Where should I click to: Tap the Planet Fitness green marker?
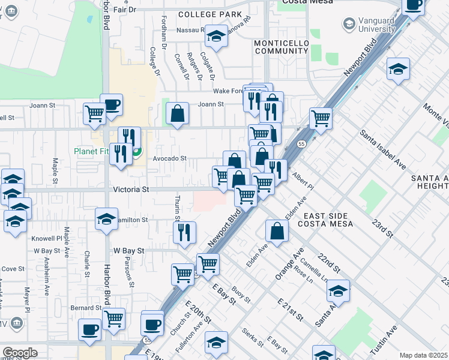[x=137, y=152]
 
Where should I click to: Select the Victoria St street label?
[x=131, y=189]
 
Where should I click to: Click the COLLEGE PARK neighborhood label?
[x=209, y=14]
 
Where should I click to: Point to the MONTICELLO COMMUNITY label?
[x=281, y=47]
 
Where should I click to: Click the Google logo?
[x=20, y=353]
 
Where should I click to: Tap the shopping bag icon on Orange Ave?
[x=276, y=232]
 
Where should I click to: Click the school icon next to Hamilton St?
[x=106, y=219]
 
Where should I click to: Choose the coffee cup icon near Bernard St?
[x=89, y=330]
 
